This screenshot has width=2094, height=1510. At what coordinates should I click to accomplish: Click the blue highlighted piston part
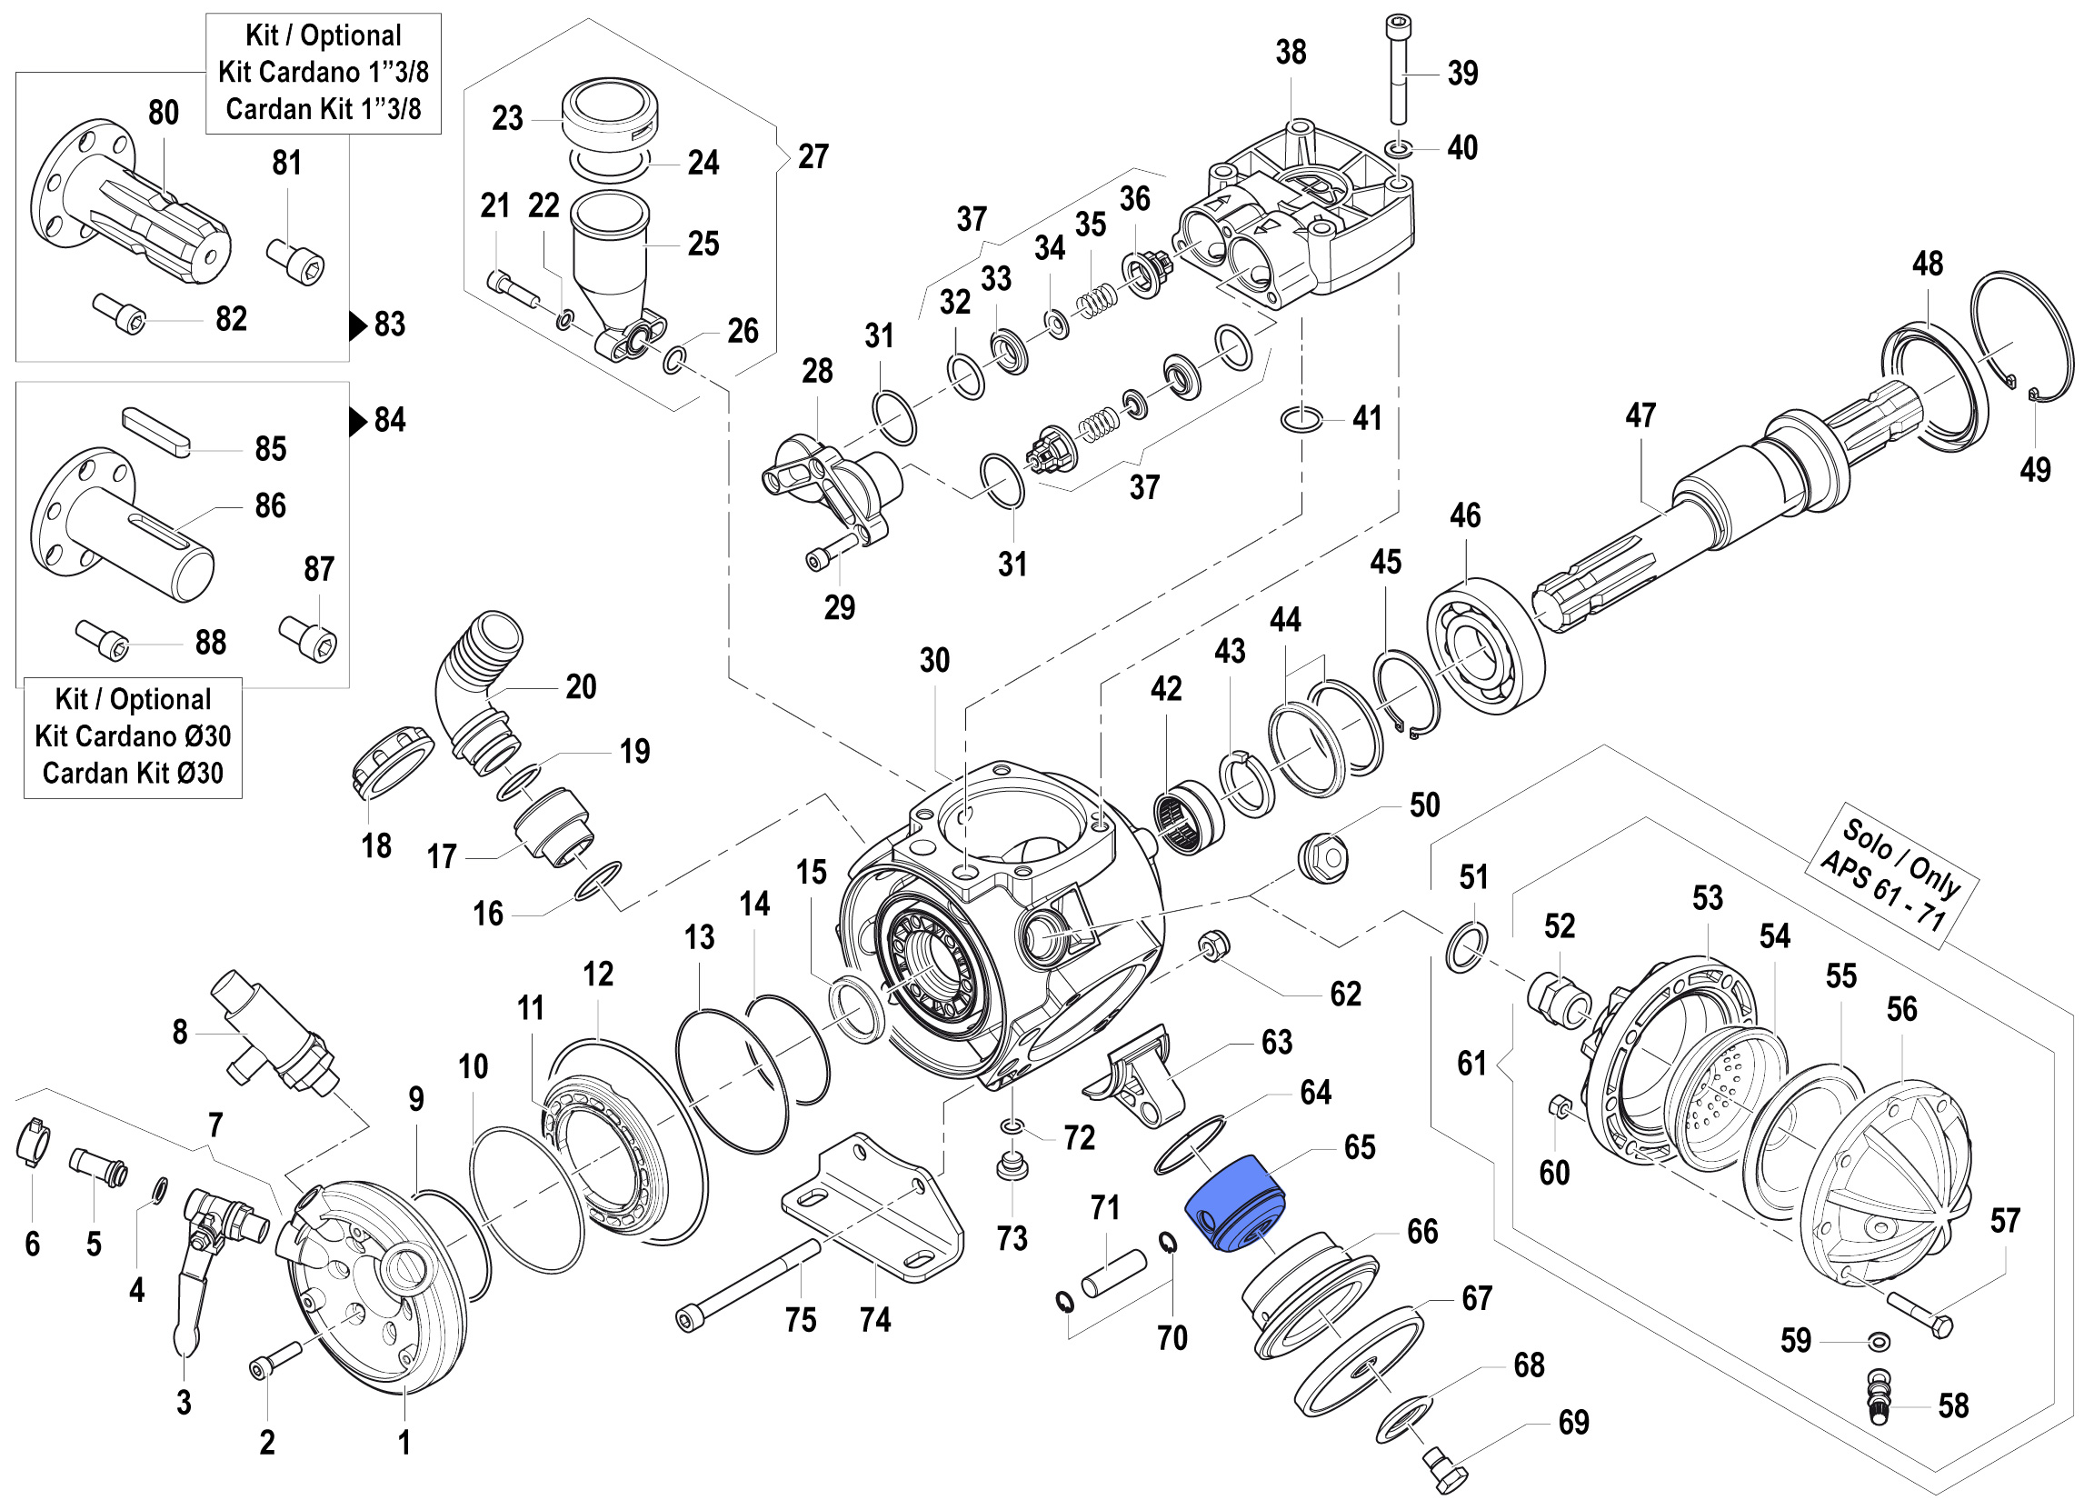pos(1233,1204)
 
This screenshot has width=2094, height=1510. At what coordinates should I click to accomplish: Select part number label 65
pos(1359,1147)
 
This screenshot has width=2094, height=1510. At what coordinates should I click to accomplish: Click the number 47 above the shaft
pos(1640,415)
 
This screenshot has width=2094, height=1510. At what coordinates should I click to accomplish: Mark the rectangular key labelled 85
pos(156,431)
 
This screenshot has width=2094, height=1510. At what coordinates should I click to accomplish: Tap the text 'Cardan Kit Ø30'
pos(133,773)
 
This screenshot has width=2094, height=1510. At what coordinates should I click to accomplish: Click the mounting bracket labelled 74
pos(872,1210)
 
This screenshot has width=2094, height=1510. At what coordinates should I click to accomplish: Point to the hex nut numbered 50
pos(1322,859)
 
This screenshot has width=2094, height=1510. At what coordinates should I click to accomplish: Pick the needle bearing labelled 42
pos(1188,815)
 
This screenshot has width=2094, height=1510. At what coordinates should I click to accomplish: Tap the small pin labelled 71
pos(1113,1273)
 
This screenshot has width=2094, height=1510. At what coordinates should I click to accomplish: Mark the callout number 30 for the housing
pos(934,660)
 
